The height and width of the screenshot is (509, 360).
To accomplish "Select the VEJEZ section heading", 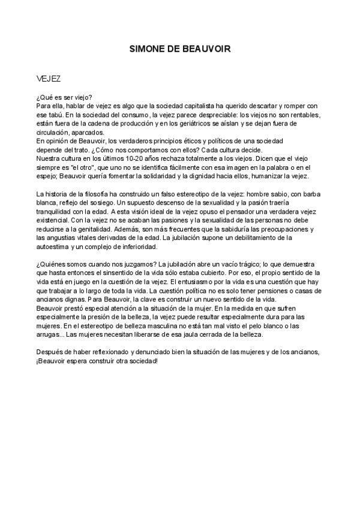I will click(48, 79).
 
